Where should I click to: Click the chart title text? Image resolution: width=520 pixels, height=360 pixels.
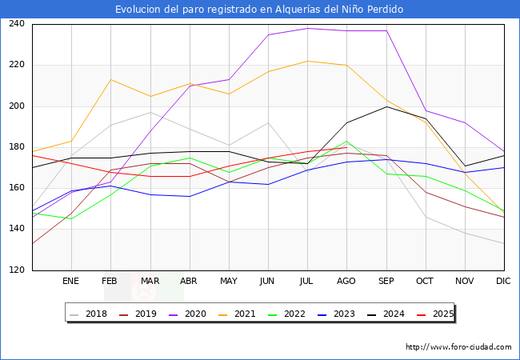tap(259, 10)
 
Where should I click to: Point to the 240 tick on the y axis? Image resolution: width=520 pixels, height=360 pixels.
tap(17, 24)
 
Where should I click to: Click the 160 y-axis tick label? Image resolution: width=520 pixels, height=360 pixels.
tap(17, 188)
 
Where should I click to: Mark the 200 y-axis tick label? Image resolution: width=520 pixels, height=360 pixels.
tap(17, 106)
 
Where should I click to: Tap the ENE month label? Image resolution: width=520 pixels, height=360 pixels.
tap(70, 282)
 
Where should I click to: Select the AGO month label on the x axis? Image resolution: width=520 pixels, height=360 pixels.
tap(346, 282)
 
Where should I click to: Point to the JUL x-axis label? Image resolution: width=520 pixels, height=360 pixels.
tap(307, 282)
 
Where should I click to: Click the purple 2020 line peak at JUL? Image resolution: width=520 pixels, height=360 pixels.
tap(307, 28)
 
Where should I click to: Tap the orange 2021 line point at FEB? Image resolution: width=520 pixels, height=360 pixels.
tap(110, 79)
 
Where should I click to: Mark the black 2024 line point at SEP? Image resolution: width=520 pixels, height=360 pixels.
tap(386, 106)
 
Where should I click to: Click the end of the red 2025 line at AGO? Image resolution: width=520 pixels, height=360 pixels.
tap(346, 147)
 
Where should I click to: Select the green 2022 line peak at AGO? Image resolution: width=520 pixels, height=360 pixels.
tap(346, 142)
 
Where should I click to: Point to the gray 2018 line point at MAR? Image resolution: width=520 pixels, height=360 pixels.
tap(150, 112)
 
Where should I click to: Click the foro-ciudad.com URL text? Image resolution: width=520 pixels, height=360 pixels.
tap(458, 347)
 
